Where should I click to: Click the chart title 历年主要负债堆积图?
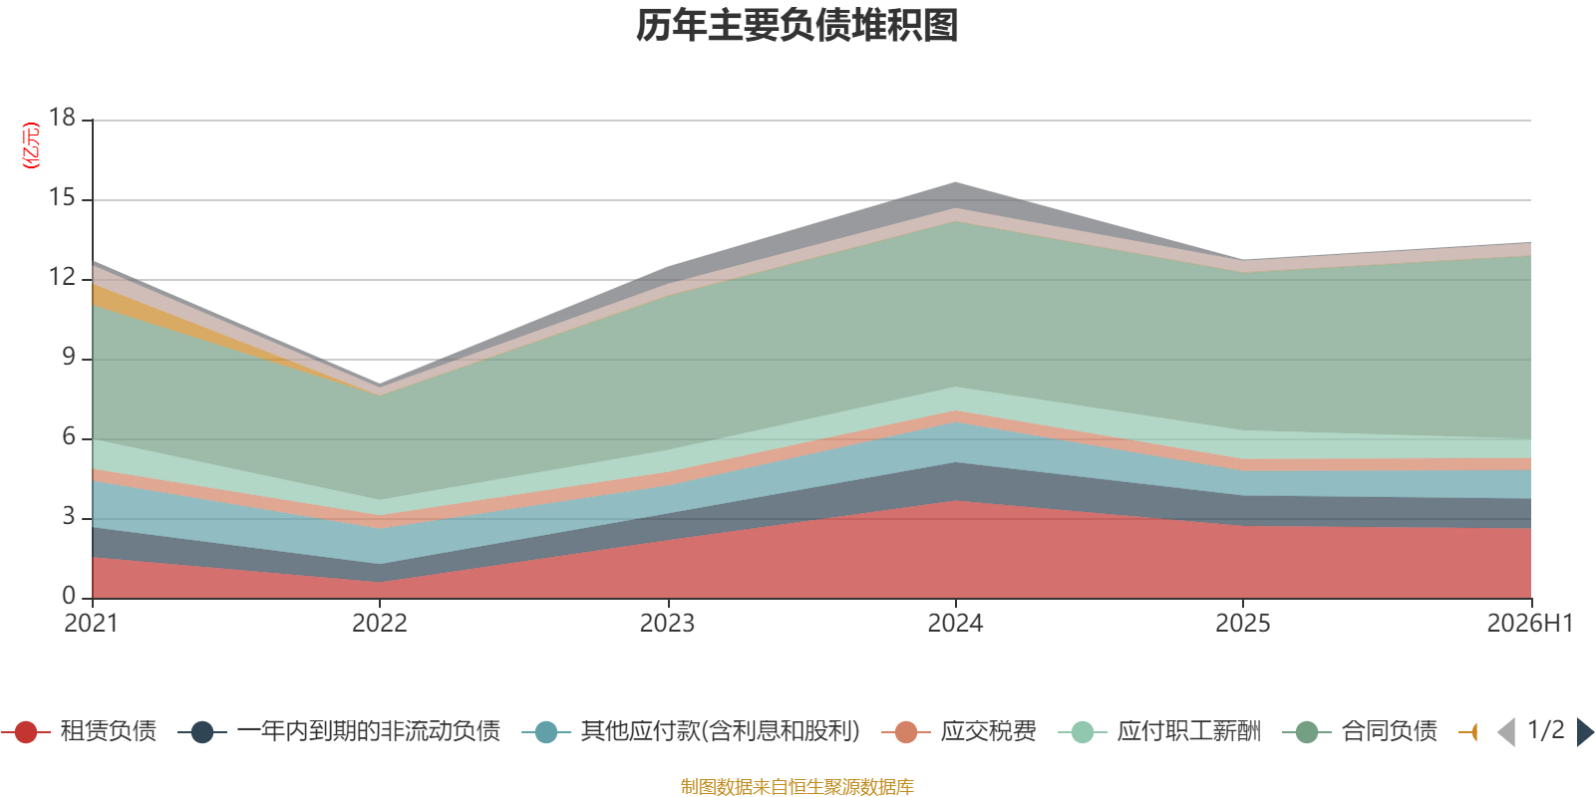pos(797,26)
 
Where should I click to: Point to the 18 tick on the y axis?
pos(63,118)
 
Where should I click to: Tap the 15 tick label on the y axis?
pos(63,197)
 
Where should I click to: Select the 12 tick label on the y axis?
pos(63,277)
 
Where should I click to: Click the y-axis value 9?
pos(69,357)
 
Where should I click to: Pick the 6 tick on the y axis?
pos(69,436)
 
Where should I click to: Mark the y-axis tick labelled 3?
pos(69,516)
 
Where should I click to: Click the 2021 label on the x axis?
pos(91,624)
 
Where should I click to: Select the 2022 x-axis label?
pos(380,624)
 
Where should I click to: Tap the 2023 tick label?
pos(667,624)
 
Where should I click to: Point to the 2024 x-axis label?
pos(955,624)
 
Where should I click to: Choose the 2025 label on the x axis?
pos(1242,624)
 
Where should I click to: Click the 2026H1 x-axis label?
pos(1530,624)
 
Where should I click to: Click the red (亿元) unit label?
pos(31,145)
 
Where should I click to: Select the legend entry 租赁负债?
pos(80,731)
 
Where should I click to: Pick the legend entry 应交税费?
pos(959,731)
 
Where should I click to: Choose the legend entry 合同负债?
pos(1360,731)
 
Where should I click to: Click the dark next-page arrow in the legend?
pos(1585,732)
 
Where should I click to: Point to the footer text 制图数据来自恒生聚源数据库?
pos(797,786)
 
